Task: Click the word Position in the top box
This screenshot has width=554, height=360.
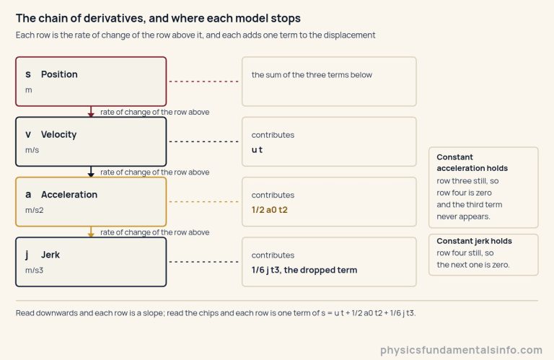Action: (x=59, y=74)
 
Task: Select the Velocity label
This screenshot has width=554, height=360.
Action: (x=58, y=135)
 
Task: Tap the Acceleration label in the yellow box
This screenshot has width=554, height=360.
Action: (x=69, y=195)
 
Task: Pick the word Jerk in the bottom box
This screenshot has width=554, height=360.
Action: (x=50, y=255)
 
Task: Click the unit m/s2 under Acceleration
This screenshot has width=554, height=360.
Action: (x=35, y=210)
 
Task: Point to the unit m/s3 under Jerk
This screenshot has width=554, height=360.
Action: (x=35, y=271)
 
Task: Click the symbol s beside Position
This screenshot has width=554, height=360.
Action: (x=28, y=74)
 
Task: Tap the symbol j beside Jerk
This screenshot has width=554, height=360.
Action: (x=27, y=255)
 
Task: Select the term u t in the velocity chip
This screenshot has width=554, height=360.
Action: (x=257, y=150)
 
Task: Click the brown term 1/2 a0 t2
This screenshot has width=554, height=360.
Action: (x=270, y=210)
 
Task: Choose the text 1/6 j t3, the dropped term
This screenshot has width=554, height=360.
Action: (x=304, y=270)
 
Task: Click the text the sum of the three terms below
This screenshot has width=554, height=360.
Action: (x=312, y=75)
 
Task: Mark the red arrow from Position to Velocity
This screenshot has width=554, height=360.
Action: (x=91, y=111)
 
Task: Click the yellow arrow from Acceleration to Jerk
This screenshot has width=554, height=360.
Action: (x=91, y=232)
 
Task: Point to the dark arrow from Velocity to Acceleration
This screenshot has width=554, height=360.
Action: (x=91, y=172)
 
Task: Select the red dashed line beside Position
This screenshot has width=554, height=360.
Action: (x=204, y=82)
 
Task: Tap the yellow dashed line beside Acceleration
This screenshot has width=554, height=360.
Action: (x=204, y=202)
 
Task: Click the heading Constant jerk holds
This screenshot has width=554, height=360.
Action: (x=474, y=241)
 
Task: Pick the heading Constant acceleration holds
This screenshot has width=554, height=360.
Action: (x=472, y=162)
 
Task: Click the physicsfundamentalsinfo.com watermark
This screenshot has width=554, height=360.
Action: (x=461, y=350)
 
